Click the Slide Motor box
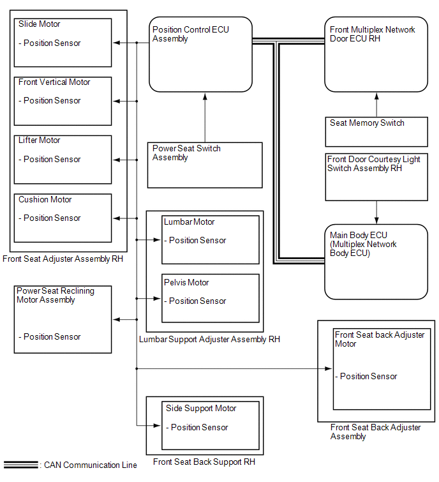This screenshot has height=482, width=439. point(63,43)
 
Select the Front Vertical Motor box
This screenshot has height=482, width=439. point(63,101)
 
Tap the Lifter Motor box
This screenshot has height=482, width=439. point(63,159)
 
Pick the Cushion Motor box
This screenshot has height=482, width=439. point(63,218)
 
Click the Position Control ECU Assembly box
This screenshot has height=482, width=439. point(200,54)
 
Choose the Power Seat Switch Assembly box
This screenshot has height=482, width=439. point(205,165)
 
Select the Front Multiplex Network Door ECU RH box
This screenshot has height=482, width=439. point(376,54)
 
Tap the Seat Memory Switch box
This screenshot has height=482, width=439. point(376,132)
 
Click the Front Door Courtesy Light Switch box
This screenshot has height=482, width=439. point(376,177)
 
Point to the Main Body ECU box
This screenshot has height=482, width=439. point(376,261)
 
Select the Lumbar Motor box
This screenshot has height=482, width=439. point(211,239)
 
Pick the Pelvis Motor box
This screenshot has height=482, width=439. point(211,298)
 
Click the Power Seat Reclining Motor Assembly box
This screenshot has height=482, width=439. point(63,319)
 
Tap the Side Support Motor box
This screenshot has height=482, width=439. point(211,425)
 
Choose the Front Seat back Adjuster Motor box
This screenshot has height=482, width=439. point(382,369)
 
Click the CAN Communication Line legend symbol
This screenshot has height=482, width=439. point(20,465)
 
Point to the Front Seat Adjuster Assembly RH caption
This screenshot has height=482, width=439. point(63,259)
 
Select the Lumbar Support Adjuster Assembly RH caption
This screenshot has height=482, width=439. point(209,340)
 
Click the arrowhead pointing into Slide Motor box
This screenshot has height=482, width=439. point(115,43)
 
